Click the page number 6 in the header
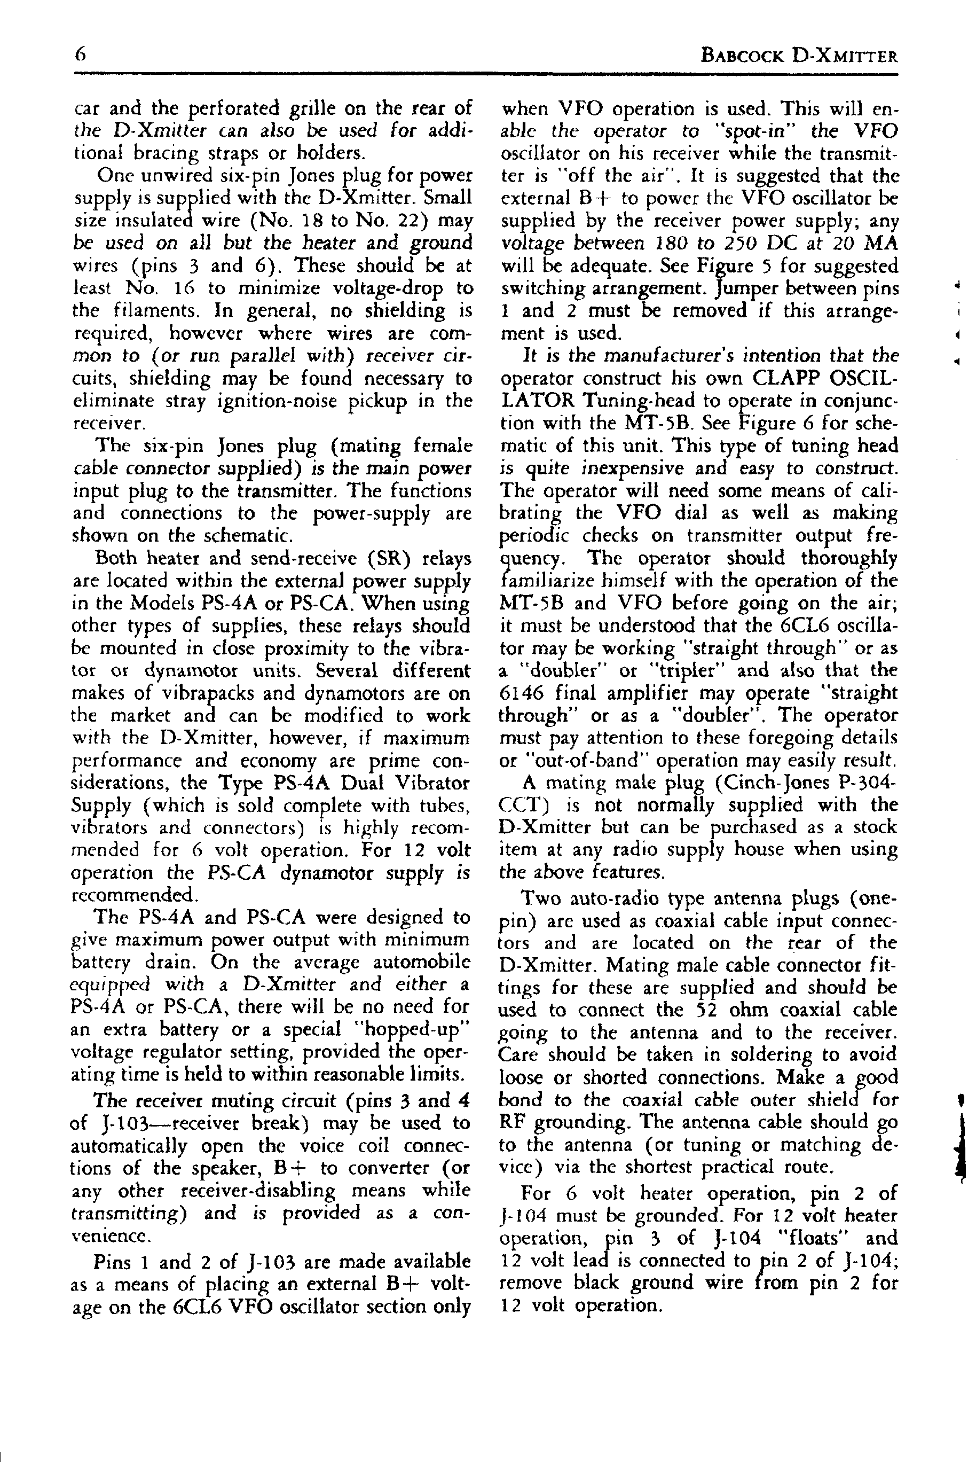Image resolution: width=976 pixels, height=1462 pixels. pyautogui.click(x=80, y=55)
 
